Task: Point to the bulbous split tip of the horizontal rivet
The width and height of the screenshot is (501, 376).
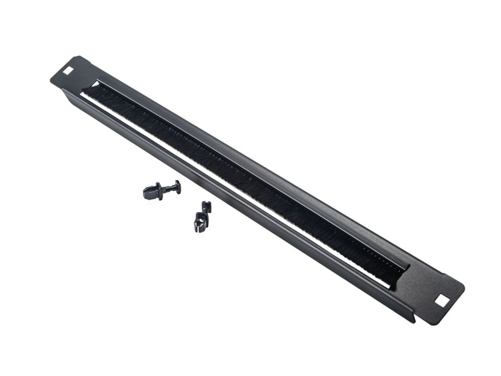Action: (x=148, y=192)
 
